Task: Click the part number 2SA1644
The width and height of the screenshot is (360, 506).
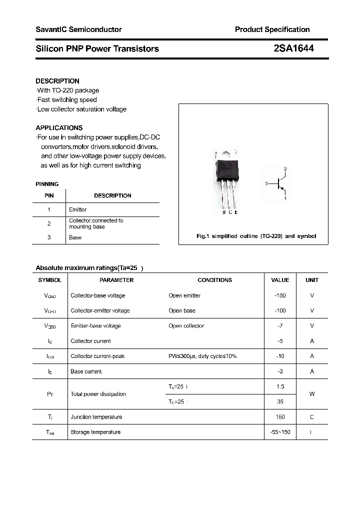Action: [294, 48]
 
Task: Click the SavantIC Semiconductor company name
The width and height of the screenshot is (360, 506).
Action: [78, 29]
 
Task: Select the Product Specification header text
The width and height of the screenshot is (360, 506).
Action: [272, 29]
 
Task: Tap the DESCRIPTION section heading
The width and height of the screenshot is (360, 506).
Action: [57, 81]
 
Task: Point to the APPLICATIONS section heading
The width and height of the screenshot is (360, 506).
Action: [59, 127]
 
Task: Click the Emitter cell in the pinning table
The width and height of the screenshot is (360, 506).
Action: [77, 209]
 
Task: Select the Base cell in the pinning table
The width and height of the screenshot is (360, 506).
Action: [75, 237]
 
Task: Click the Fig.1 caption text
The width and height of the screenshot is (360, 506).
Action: [256, 236]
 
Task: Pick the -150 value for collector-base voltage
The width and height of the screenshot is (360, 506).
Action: [280, 295]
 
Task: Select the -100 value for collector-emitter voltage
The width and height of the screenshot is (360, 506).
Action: [280, 310]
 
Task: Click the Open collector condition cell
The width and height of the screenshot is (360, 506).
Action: [186, 326]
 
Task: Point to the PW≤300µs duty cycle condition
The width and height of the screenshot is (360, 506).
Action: [202, 356]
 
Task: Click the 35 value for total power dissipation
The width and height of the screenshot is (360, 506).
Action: [280, 401]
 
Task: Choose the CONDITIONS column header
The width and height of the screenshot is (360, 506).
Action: [214, 280]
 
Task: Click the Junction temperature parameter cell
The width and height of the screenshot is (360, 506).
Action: [96, 417]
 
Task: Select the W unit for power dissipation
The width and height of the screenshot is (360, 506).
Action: [311, 394]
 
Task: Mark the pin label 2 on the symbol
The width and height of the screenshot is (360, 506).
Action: [285, 169]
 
